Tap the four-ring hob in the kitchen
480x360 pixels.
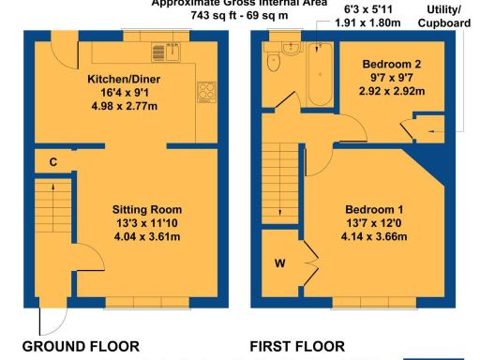[206, 92]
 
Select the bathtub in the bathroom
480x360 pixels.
[320, 74]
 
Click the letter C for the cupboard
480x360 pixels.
[53, 162]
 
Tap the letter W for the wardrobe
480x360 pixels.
[279, 263]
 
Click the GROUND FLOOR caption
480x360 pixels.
[81, 347]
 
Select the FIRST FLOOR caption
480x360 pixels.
[297, 347]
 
